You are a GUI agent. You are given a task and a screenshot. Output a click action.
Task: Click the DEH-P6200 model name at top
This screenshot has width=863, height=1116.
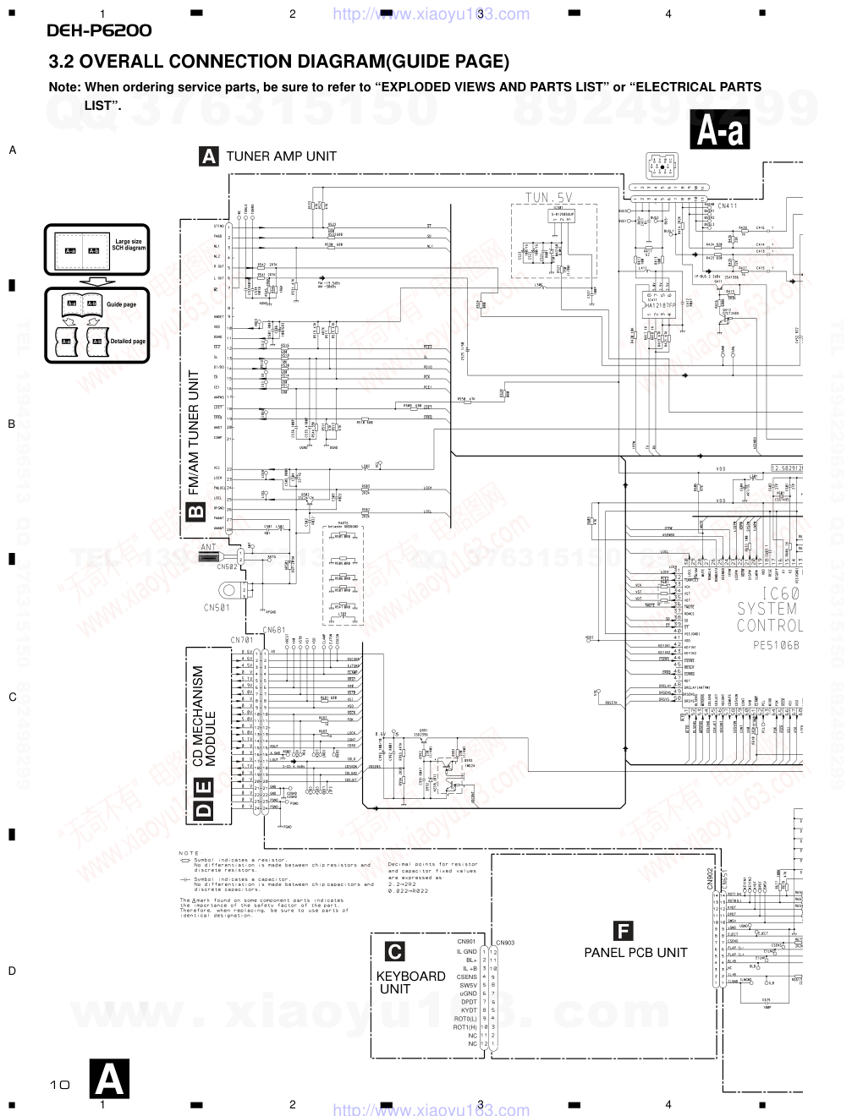pos(99,31)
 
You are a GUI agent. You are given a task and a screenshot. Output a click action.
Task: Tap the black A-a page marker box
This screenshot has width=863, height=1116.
pos(720,131)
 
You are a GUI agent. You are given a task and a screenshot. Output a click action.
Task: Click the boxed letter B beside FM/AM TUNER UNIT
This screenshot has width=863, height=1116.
pos(195,511)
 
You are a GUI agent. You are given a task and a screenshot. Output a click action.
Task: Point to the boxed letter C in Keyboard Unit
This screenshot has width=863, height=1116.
pos(394,952)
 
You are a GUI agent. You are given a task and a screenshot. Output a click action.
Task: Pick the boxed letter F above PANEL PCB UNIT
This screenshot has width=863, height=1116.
pos(623,932)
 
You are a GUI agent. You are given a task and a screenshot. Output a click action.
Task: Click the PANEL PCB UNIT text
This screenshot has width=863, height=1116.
pos(635,953)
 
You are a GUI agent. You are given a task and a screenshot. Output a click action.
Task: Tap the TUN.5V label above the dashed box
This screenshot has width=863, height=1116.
pos(548,198)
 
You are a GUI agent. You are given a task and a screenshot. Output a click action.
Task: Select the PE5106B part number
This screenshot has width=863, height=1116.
pos(776,644)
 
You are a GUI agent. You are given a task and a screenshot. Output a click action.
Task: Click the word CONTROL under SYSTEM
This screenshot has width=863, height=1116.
pos(769,626)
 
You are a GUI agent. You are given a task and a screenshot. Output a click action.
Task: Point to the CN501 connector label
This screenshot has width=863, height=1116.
pos(217,607)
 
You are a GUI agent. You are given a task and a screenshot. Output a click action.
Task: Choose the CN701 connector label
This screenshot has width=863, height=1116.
pos(242,640)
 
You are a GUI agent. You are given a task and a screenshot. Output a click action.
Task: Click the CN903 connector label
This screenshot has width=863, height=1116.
pos(505,943)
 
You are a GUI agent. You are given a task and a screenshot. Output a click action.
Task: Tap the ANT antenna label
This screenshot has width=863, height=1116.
pos(208,547)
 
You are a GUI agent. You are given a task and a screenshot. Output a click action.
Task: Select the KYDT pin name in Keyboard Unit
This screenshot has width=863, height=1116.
pos(469,1010)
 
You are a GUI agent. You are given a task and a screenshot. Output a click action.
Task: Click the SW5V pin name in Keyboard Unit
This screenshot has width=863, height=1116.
pos(468,985)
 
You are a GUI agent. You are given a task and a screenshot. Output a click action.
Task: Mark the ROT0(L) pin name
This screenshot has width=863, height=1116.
pos(465,1019)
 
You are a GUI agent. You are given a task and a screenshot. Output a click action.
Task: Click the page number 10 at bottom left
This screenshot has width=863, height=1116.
pos(59,1085)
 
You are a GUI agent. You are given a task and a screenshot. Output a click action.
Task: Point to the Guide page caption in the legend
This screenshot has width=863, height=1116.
pos(121,304)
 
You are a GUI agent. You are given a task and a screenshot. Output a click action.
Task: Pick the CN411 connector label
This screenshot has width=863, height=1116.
pos(727,205)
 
